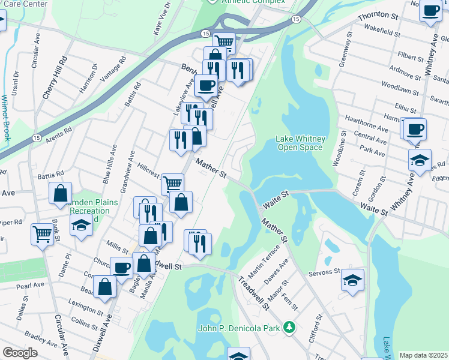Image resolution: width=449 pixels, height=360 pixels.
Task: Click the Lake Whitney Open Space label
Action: tap(300, 143)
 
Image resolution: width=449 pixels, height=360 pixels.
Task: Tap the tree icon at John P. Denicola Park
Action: tap(290, 328)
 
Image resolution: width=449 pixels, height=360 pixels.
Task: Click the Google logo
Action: tap(20, 353)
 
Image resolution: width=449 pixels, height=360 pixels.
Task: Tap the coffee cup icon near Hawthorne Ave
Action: tap(415, 128)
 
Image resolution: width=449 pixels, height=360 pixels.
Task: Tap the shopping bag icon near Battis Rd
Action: tap(60, 193)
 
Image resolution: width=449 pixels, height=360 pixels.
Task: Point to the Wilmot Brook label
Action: tap(7, 117)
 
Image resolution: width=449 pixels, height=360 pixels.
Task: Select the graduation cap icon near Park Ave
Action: tap(420, 160)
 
